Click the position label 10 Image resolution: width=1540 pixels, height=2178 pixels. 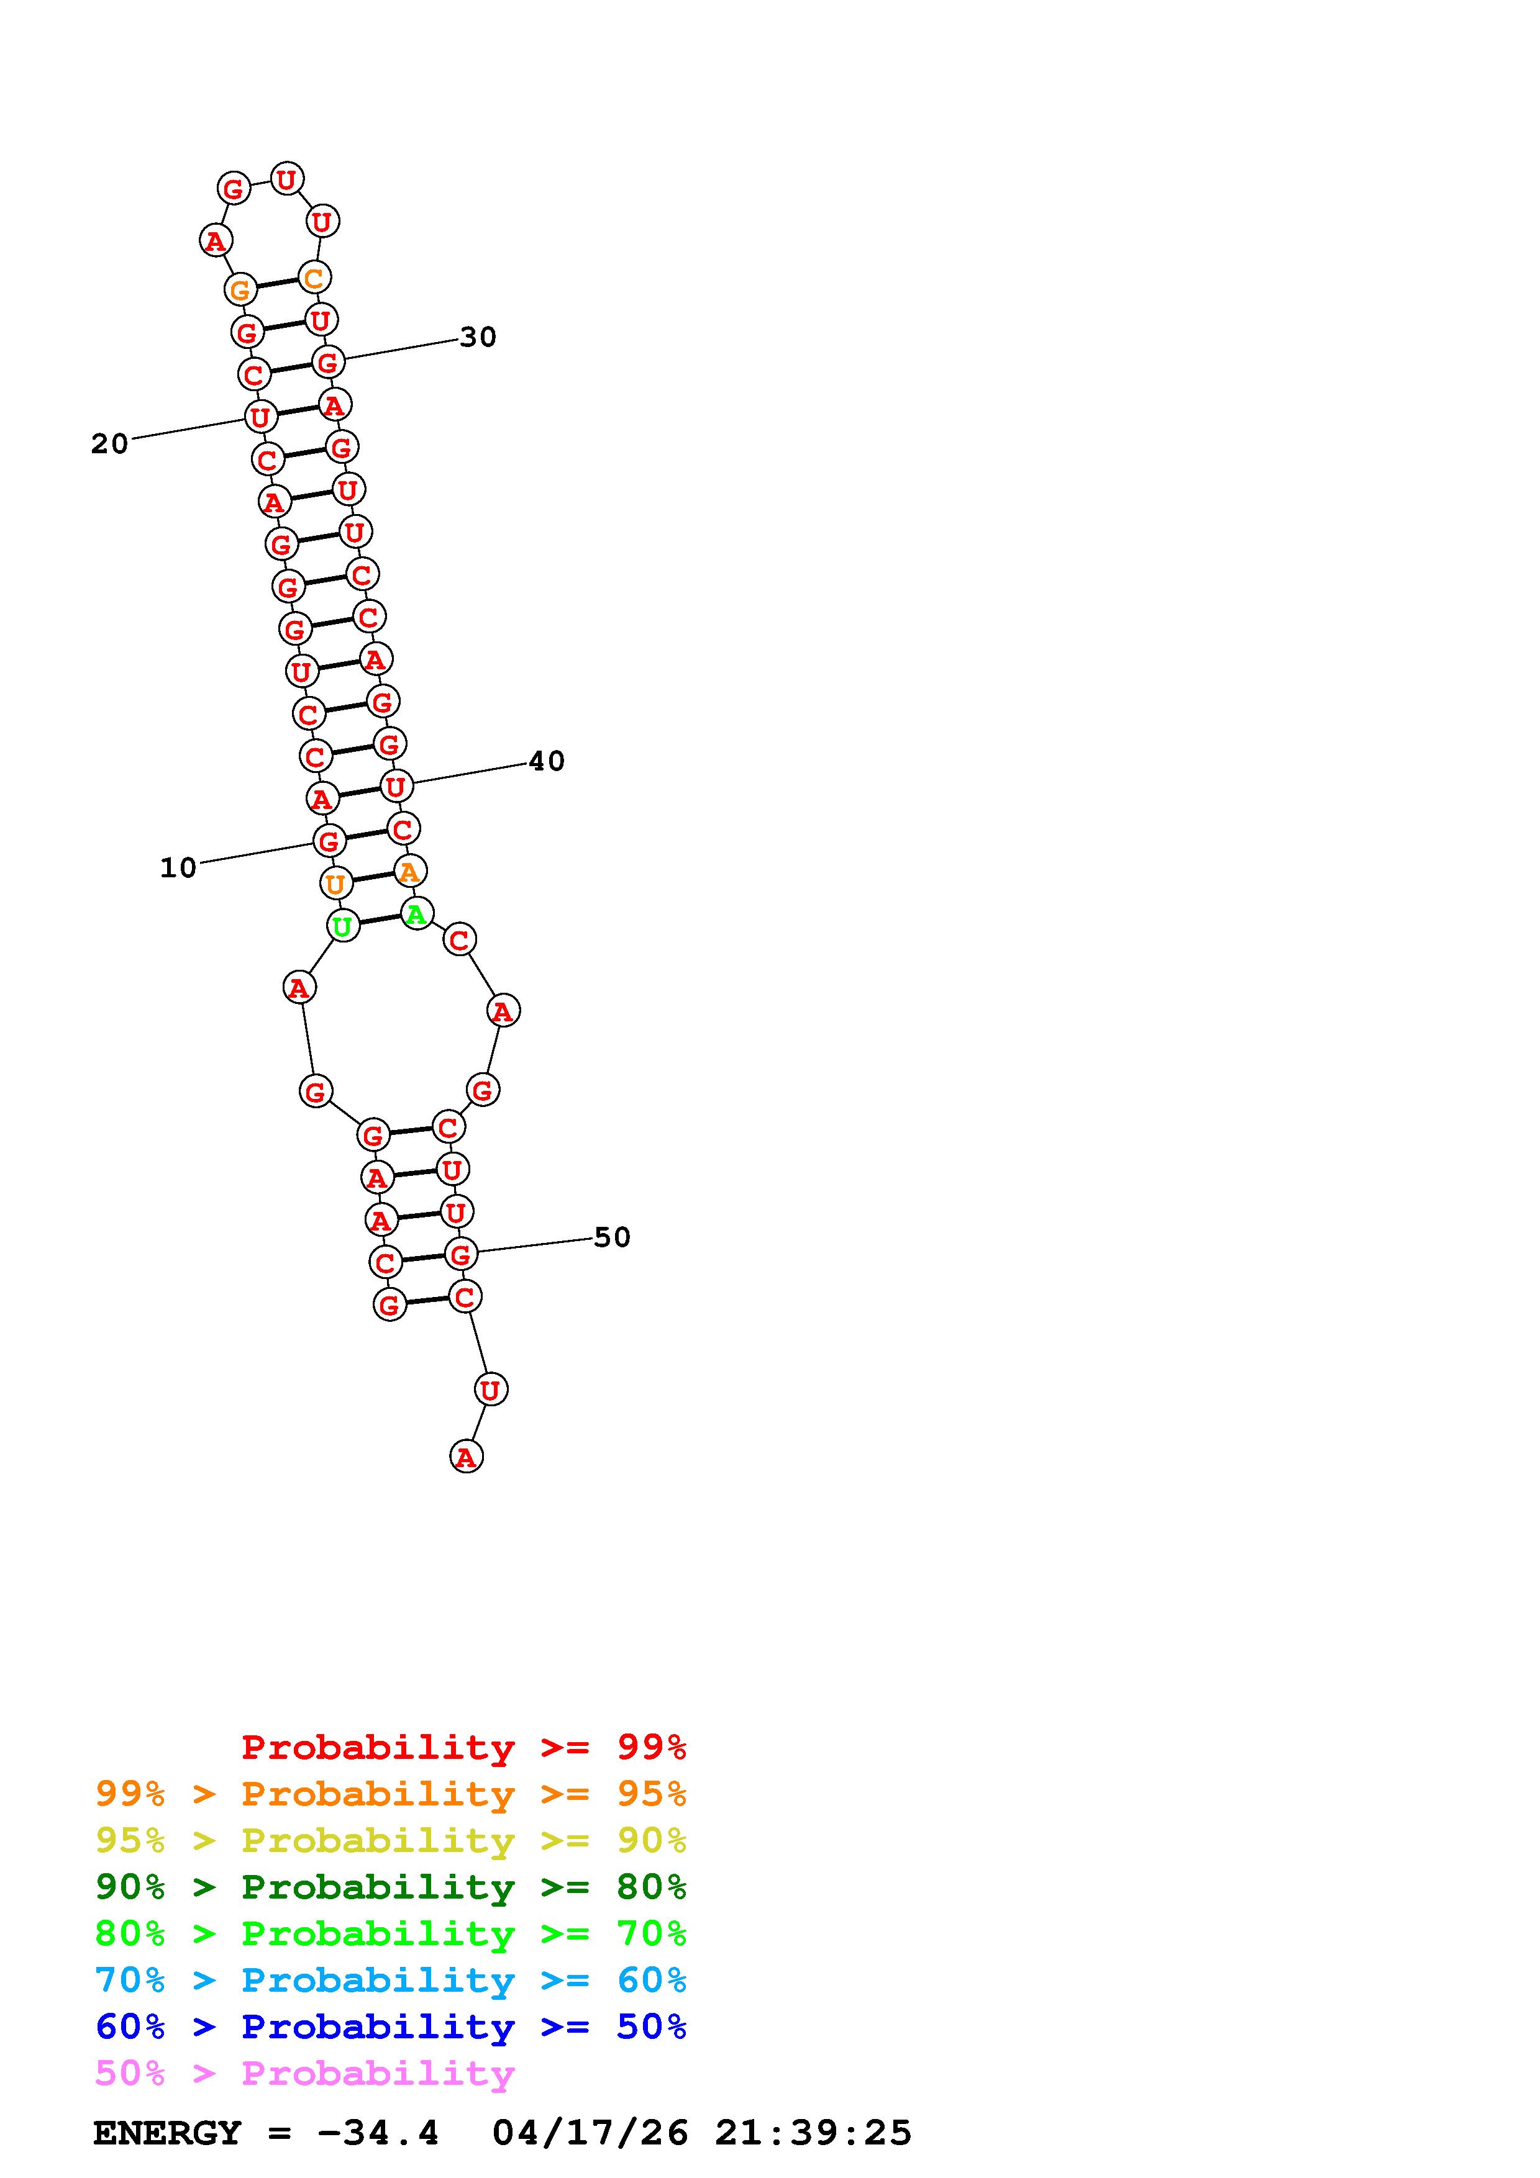tap(178, 868)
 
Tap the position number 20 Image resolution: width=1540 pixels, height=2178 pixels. tap(109, 444)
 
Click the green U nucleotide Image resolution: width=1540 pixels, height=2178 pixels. tap(342, 926)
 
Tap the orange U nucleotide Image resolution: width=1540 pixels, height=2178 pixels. tap(335, 884)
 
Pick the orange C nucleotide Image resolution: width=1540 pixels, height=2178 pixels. tap(313, 278)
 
